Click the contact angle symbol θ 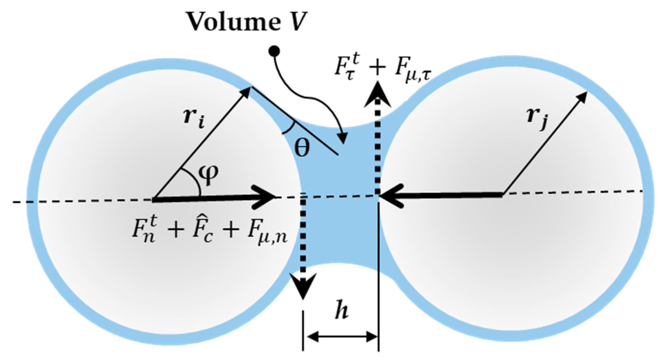pos(302,149)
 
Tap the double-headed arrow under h pos(341,338)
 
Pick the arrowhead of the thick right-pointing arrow pos(266,197)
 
